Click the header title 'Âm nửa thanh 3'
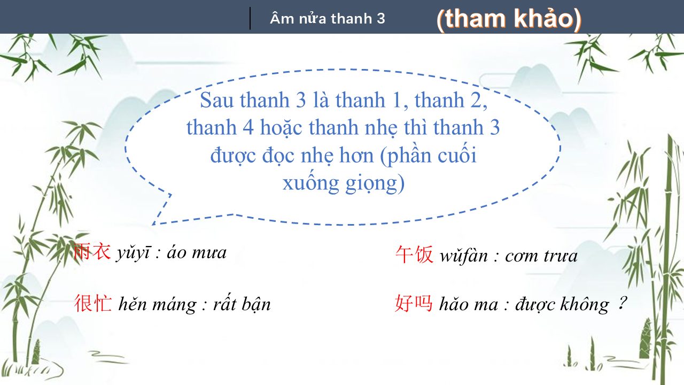pos(328,19)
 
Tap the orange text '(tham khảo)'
pos(509,19)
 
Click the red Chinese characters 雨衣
pos(92,251)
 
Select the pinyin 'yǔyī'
pos(133,253)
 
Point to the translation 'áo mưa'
pos(196,253)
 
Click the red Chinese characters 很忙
pos(93,303)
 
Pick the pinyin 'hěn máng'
pos(158,305)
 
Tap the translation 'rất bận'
pos(242,304)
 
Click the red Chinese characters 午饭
pos(414,255)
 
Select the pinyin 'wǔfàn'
pos(463,256)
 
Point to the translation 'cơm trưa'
pos(541,256)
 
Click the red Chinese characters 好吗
pos(414,303)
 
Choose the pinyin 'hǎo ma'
pos(469,304)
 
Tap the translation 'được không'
pos(562,305)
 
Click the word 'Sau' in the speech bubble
pos(216,100)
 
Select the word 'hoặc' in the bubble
pos(281,128)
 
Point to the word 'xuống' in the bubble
pos(311,183)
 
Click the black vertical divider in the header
pos(250,18)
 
